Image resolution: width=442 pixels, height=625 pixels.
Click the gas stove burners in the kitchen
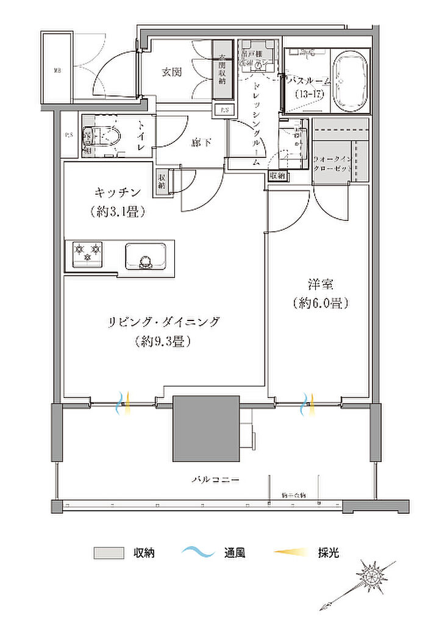click(88, 252)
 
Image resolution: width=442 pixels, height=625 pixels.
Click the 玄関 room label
click(172, 72)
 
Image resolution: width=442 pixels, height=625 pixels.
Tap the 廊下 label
click(199, 143)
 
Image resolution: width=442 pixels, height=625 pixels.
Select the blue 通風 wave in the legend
click(198, 553)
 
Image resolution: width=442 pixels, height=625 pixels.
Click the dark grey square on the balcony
click(205, 428)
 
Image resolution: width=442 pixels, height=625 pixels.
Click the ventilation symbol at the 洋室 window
click(307, 403)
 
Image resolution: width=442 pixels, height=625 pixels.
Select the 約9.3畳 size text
click(163, 342)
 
